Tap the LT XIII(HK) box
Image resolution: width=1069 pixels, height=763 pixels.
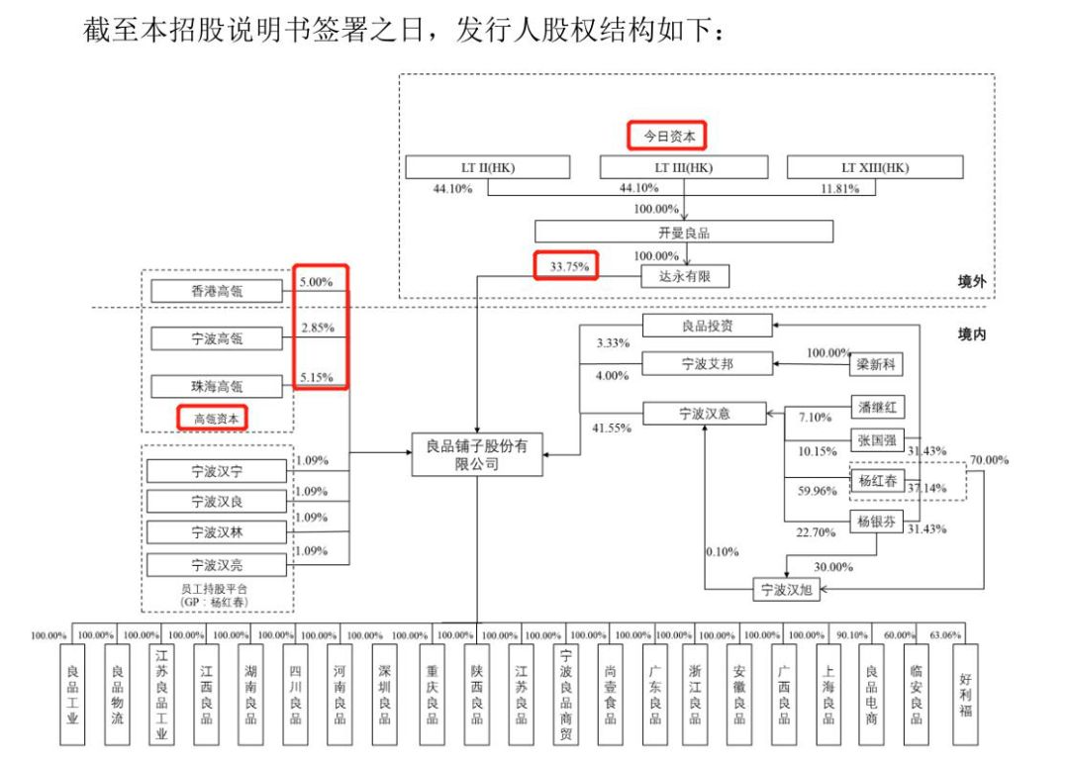(874, 167)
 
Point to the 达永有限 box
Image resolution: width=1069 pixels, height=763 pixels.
(684, 276)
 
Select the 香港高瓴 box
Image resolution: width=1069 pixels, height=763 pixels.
(217, 291)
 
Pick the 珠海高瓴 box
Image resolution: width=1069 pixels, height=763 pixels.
(217, 386)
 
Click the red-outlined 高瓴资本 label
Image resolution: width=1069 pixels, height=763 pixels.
(213, 418)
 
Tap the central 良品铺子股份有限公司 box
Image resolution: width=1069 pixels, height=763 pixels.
(477, 455)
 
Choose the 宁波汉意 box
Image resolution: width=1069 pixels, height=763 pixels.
(705, 414)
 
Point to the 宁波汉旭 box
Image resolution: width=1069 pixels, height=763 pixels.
(786, 591)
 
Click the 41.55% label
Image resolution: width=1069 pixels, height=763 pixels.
(612, 429)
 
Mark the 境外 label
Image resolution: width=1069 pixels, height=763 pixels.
(972, 282)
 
